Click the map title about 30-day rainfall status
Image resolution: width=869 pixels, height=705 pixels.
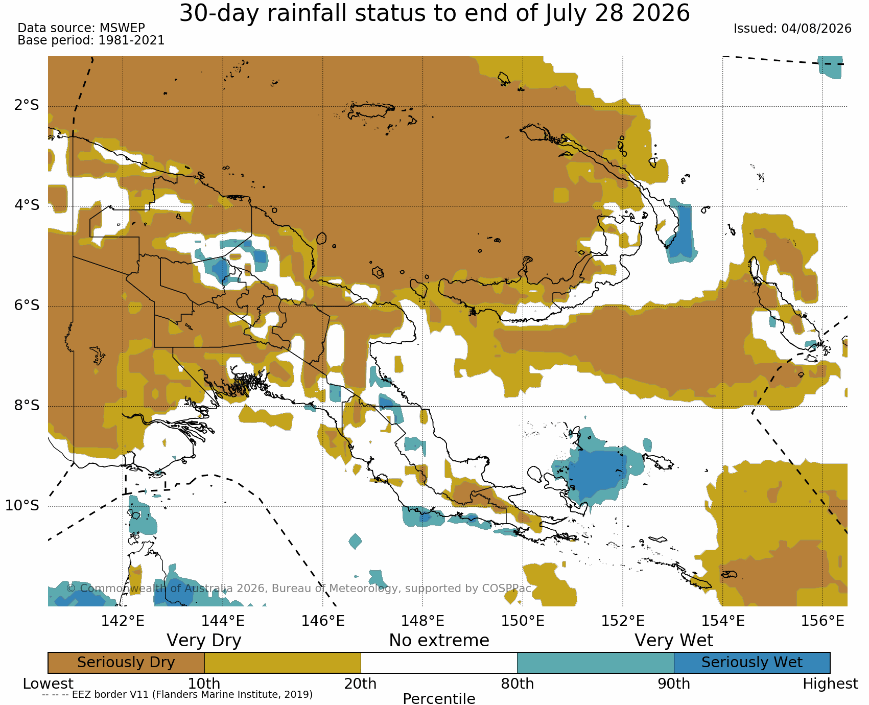point(434,13)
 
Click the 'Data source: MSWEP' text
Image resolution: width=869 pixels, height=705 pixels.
point(81,28)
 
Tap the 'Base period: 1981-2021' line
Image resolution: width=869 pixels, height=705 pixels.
point(91,40)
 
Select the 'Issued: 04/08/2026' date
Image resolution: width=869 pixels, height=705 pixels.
point(792,29)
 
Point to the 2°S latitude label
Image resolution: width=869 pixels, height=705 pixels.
point(27,105)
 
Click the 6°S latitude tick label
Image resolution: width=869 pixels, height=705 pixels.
point(27,306)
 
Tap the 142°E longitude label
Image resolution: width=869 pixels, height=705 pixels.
point(123,621)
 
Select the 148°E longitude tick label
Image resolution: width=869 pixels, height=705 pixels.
point(422,621)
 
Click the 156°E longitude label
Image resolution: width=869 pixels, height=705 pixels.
point(823,621)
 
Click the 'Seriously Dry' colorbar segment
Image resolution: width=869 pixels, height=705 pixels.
point(126,663)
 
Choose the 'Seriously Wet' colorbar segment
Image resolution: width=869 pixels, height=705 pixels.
point(752,663)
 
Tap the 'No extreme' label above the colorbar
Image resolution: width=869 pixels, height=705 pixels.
point(439,640)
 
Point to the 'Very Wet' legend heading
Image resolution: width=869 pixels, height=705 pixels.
point(674,640)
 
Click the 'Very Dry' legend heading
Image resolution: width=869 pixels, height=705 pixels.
point(204,640)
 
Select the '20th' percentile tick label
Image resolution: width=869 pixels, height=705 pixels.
point(361,684)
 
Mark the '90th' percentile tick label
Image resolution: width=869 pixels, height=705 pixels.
point(674,684)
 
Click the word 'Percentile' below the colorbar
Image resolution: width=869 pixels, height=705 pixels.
point(439,698)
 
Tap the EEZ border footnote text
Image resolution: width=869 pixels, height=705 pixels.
point(177,694)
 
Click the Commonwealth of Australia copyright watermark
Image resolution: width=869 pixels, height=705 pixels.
point(299,589)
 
